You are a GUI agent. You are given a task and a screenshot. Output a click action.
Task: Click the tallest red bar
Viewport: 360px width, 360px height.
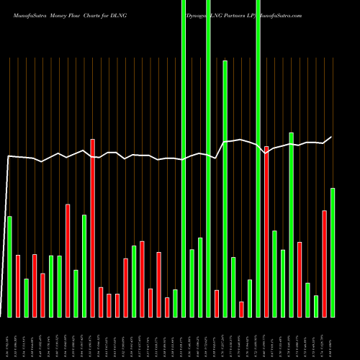pos(92,228)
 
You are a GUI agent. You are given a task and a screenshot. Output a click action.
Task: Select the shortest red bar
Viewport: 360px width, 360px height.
pos(242,309)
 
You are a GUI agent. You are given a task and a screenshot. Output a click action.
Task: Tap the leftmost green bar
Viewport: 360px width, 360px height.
pos(9,266)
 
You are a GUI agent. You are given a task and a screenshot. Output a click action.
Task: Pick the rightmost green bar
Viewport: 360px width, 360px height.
pos(333,252)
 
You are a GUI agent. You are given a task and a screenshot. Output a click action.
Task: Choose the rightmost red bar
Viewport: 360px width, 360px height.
pos(325,264)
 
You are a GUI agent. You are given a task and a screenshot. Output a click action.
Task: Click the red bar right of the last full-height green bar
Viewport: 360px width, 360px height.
pos(266,231)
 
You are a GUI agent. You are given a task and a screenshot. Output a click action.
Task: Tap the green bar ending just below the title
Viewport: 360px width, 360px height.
pos(225,189)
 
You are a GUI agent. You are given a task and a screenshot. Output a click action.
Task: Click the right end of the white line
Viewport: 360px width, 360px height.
pos(332,138)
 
